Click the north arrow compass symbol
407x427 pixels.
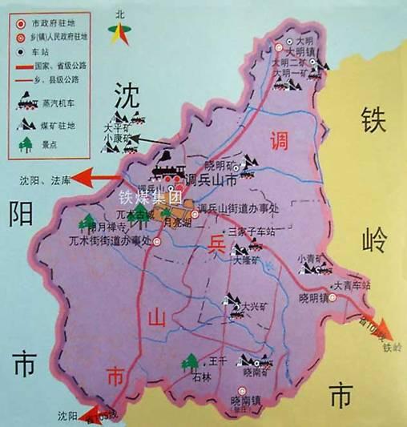[121, 32]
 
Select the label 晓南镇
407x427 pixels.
[245, 399]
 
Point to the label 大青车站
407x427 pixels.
[352, 285]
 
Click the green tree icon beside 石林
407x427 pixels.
[191, 363]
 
